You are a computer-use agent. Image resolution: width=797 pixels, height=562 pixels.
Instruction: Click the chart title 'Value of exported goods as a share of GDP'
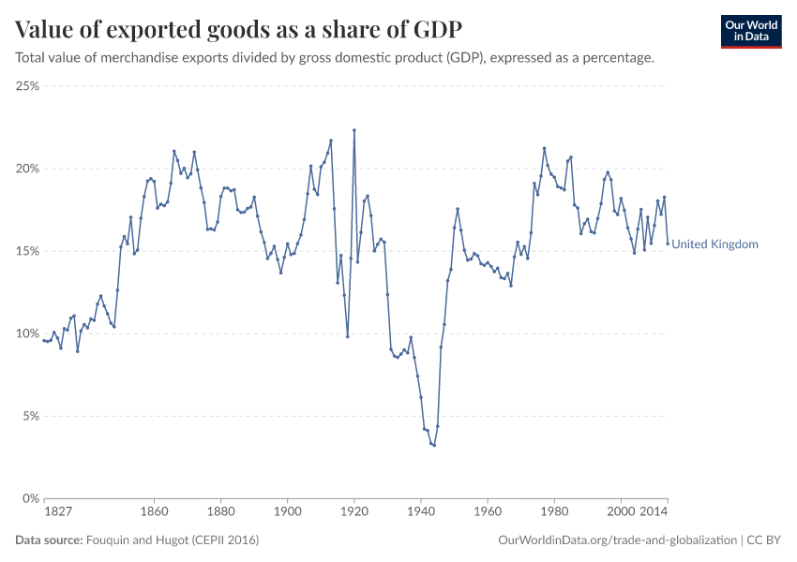(238, 29)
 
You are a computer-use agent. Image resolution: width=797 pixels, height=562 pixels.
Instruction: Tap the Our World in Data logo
(750, 31)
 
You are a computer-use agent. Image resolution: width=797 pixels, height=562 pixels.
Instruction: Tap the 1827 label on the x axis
(58, 513)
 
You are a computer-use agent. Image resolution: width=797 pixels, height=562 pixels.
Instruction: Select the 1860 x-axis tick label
(154, 513)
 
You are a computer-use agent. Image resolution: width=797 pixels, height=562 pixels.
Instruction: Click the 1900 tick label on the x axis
(287, 513)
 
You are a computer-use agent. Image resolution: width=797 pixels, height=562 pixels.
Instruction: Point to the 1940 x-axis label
(420, 513)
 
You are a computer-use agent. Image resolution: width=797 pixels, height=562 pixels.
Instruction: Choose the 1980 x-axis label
(554, 513)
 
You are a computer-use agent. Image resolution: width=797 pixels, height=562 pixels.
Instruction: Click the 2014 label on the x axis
(654, 513)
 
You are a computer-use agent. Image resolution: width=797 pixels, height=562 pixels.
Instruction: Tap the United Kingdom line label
(714, 244)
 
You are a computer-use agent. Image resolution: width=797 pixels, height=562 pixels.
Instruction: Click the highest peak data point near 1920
(354, 130)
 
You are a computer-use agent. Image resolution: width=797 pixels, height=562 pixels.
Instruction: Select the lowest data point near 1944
(434, 445)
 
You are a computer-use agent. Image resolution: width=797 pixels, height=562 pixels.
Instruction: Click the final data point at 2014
(668, 244)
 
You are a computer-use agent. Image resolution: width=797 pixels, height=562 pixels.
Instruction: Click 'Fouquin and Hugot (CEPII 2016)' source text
(173, 540)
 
